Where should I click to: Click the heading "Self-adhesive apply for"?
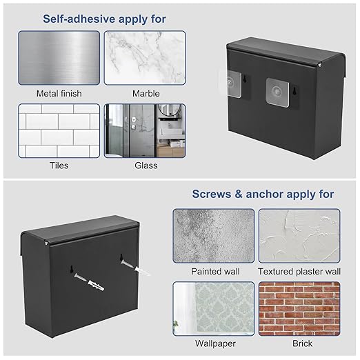click(104, 19)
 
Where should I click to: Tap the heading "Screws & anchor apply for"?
click(263, 194)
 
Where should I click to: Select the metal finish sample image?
click(59, 58)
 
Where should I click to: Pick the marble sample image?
click(145, 58)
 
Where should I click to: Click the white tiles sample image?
click(59, 130)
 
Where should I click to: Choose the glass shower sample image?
click(145, 130)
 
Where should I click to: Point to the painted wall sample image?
click(214, 236)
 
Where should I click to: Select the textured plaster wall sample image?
click(299, 236)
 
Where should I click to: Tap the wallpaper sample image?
click(214, 308)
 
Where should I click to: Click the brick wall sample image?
click(299, 308)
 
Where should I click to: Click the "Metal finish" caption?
click(59, 94)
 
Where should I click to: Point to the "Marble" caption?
click(146, 94)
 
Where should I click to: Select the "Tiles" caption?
click(59, 166)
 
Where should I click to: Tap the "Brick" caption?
click(302, 343)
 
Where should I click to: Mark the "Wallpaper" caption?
click(215, 343)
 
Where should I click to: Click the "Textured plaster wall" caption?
click(299, 272)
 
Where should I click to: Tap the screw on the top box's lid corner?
click(319, 66)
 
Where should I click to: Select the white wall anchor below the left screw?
click(96, 286)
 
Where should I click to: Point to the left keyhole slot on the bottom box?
click(72, 269)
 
